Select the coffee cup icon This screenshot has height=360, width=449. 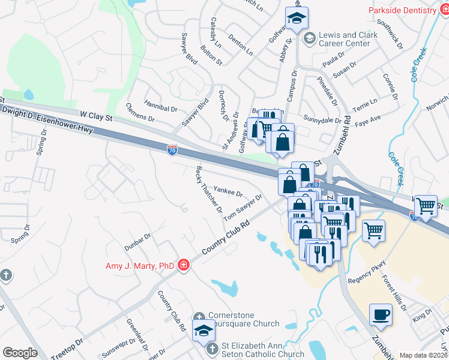[x=380, y=315]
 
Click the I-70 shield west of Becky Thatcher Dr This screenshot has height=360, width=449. [x=172, y=150]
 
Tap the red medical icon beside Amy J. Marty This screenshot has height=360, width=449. [x=184, y=265]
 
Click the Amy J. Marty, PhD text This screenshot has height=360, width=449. [x=140, y=266]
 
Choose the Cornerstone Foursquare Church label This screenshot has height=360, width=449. [x=243, y=320]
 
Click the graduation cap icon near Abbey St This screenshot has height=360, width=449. [x=296, y=20]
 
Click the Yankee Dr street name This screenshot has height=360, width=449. [x=228, y=191]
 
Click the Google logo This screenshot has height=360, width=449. [x=20, y=353]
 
